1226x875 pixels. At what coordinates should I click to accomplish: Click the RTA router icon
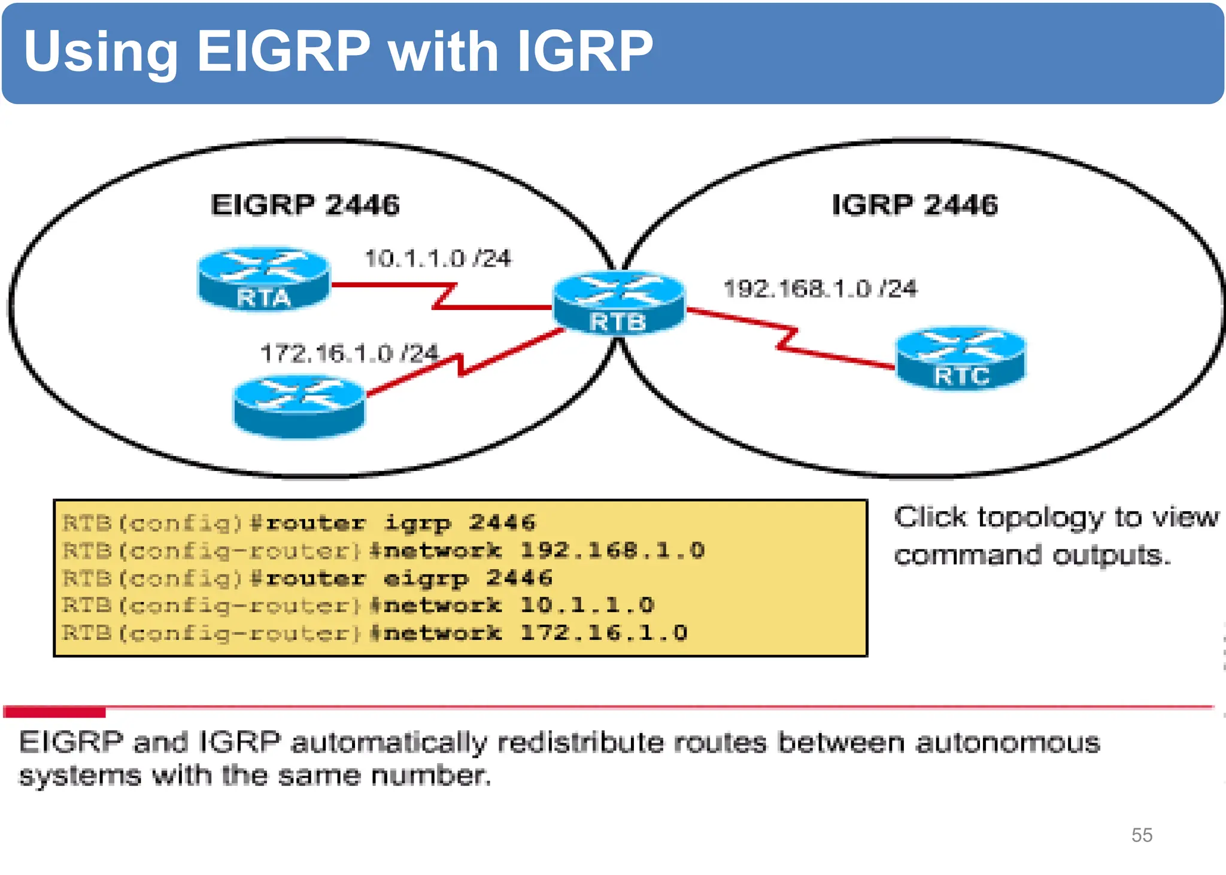click(x=263, y=278)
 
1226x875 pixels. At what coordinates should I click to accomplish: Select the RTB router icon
click(x=618, y=303)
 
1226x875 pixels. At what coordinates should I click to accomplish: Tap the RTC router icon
click(x=961, y=358)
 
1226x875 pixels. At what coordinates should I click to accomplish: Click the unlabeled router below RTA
click(x=299, y=406)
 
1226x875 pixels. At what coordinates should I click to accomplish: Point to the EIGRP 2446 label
click(x=305, y=205)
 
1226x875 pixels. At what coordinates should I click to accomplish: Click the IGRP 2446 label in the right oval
click(x=915, y=205)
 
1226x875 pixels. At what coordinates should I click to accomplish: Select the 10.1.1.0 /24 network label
click(x=438, y=259)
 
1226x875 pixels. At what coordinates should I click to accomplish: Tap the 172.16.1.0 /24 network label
click(x=349, y=353)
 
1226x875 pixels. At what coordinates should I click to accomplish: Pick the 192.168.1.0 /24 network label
click(x=820, y=288)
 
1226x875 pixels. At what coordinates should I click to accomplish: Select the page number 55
click(x=1142, y=835)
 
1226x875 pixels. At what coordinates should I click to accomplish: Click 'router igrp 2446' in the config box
click(x=400, y=523)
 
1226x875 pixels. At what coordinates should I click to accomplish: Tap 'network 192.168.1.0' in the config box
click(x=544, y=551)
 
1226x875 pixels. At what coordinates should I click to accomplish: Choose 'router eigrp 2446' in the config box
click(x=409, y=578)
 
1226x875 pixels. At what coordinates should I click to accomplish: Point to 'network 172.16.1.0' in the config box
click(x=535, y=633)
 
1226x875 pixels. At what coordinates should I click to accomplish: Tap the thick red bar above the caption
click(x=54, y=712)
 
